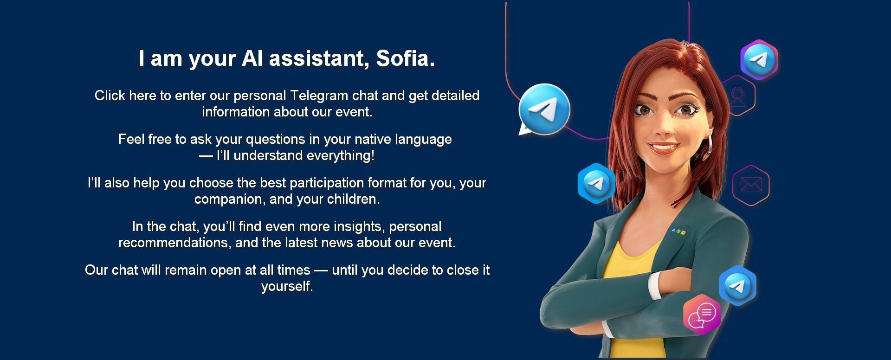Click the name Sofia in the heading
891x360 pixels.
pyautogui.click(x=405, y=58)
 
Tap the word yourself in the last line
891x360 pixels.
pyautogui.click(x=287, y=286)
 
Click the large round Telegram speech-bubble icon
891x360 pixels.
pyautogui.click(x=544, y=109)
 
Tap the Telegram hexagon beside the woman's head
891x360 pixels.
pyautogui.click(x=759, y=60)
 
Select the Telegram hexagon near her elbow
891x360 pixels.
pyautogui.click(x=737, y=285)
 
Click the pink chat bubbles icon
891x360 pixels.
pyautogui.click(x=702, y=315)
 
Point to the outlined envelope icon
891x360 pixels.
pyautogui.click(x=751, y=185)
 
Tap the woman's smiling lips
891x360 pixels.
pyautogui.click(x=663, y=147)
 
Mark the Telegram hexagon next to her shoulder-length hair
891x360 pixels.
pyautogui.click(x=596, y=183)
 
